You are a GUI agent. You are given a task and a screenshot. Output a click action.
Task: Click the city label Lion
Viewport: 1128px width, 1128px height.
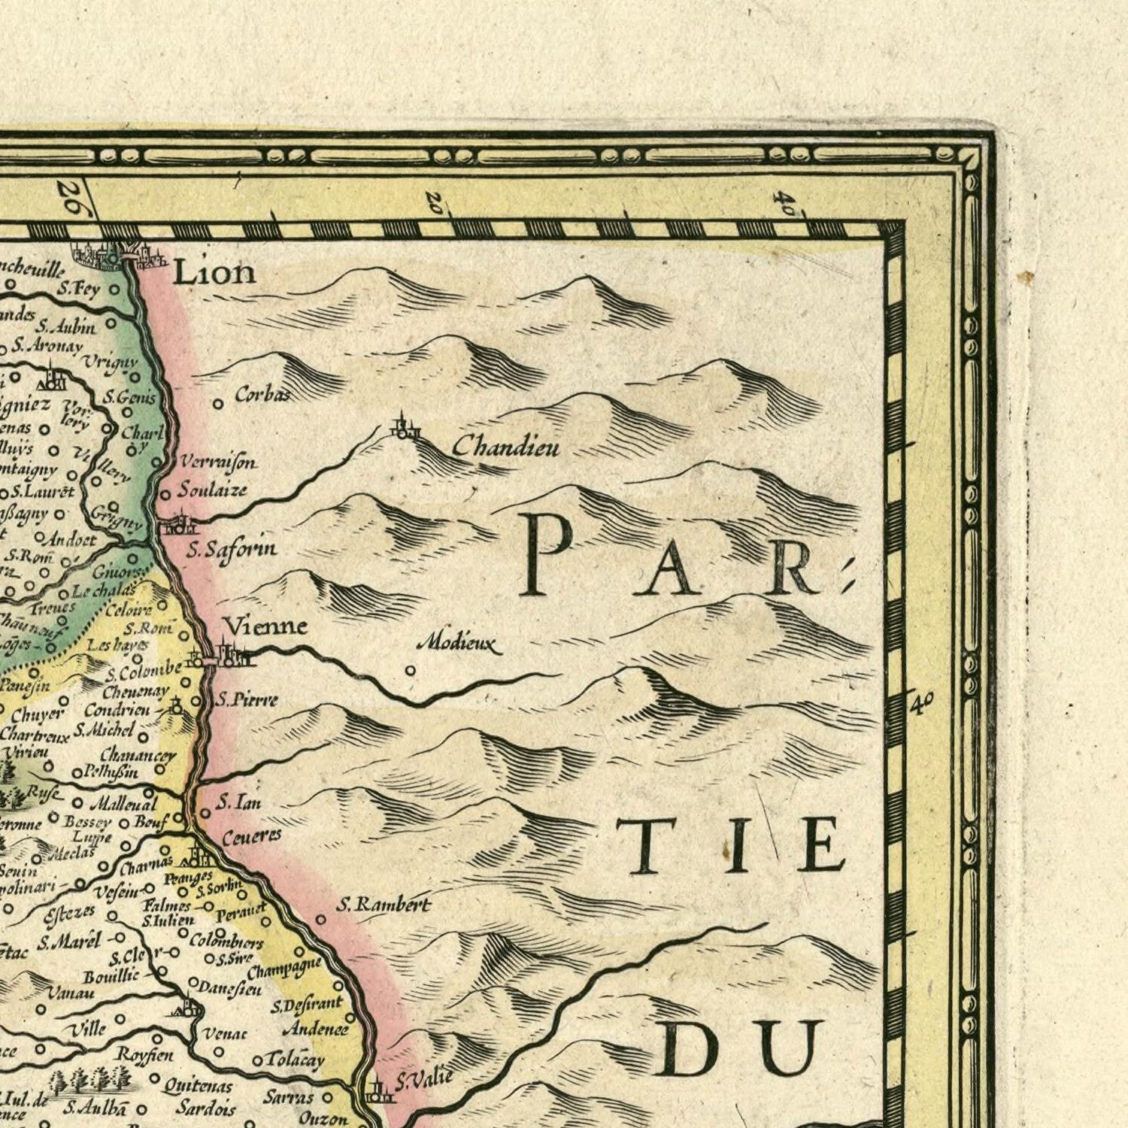pyautogui.click(x=214, y=272)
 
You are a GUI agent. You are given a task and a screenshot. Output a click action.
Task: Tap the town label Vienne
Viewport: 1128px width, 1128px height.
pyautogui.click(x=266, y=626)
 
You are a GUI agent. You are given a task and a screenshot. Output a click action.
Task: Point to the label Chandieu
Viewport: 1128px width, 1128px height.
pyautogui.click(x=506, y=447)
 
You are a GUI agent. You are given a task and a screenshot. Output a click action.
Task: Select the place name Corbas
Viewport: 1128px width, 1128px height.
pyautogui.click(x=262, y=393)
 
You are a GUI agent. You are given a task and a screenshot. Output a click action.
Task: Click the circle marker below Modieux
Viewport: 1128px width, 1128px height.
pyautogui.click(x=410, y=670)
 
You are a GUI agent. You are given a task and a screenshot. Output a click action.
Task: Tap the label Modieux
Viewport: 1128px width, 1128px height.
pyautogui.click(x=459, y=644)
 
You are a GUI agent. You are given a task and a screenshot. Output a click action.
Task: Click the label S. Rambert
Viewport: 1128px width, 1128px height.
pyautogui.click(x=384, y=905)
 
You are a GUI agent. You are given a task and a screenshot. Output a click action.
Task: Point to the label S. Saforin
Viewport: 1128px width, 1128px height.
pyautogui.click(x=232, y=550)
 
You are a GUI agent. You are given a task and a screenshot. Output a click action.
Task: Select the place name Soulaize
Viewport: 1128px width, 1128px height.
pyautogui.click(x=212, y=490)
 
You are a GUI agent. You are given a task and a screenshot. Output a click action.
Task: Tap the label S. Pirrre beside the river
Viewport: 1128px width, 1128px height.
pyautogui.click(x=247, y=700)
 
